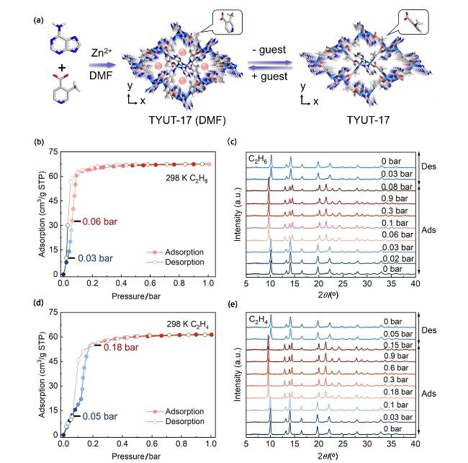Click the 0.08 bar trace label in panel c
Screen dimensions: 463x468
pos(392,186)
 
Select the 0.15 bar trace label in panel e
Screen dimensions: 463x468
pos(392,345)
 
